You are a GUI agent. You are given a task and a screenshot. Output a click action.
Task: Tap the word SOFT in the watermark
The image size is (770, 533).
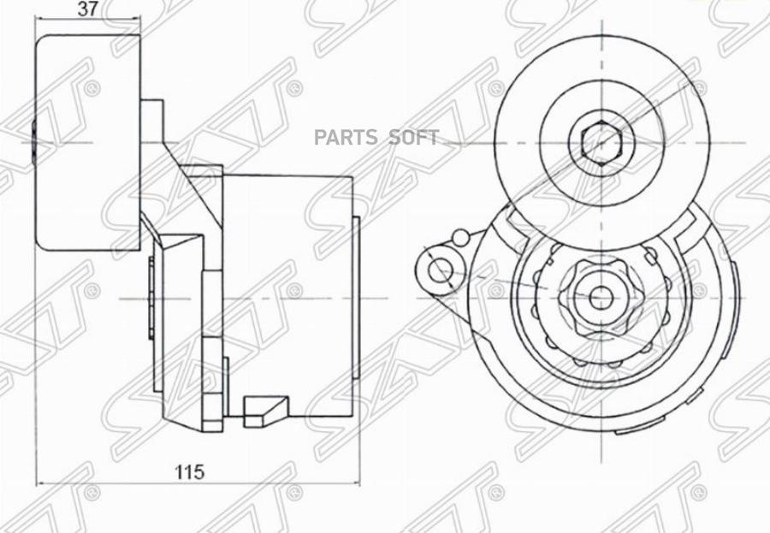pyautogui.click(x=414, y=137)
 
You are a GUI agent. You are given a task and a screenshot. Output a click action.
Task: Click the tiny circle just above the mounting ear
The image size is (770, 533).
pyautogui.click(x=460, y=236)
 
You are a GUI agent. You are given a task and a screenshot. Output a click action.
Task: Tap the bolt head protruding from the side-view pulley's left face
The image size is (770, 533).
pyautogui.click(x=33, y=139)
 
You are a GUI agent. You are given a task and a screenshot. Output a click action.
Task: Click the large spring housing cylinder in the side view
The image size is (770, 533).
pyautogui.click(x=288, y=295)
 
